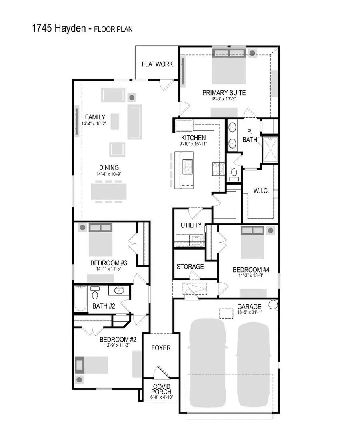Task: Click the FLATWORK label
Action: click(x=157, y=64)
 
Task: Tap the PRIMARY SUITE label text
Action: click(x=224, y=93)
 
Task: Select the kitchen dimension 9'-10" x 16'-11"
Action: click(x=193, y=143)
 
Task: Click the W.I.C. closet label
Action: click(x=261, y=191)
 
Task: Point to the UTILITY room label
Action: click(x=191, y=225)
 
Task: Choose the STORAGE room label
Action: click(x=190, y=267)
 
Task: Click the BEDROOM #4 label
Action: click(x=251, y=270)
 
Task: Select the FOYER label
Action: click(x=161, y=348)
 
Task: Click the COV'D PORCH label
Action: click(x=161, y=388)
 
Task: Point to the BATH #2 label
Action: click(x=104, y=306)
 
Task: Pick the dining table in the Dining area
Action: click(x=108, y=191)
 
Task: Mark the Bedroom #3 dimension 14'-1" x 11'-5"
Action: click(x=109, y=269)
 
